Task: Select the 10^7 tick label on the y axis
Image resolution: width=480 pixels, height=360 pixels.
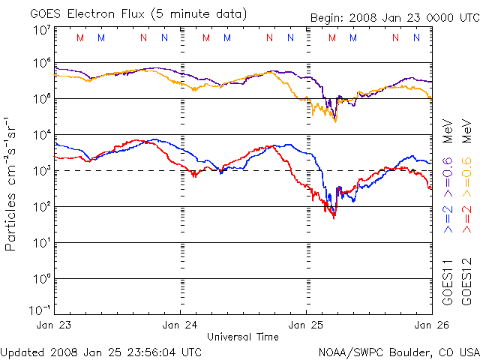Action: tap(40, 30)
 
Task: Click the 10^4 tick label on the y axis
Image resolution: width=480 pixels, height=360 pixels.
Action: tap(40, 135)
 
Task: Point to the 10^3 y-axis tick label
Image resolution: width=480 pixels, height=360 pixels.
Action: tap(40, 170)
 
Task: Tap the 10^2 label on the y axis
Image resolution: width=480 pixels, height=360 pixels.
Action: tap(40, 206)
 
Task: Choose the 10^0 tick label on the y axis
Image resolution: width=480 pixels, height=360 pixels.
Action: tap(40, 278)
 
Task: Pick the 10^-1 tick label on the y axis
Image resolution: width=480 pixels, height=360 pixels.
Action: tap(40, 310)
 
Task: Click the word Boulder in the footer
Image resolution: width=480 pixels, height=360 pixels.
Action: tap(403, 351)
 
